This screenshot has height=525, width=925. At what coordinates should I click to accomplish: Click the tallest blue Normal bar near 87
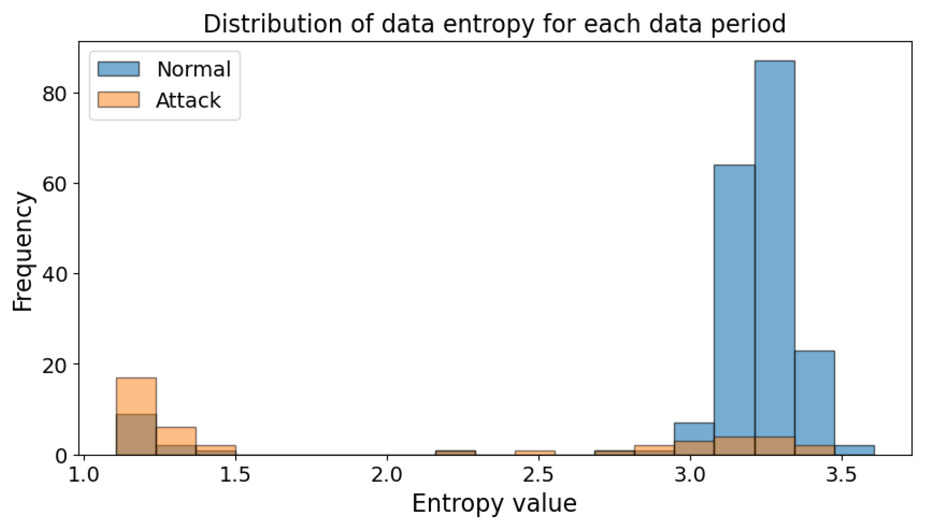(774, 241)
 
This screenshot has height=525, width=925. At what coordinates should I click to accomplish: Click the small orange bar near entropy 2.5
(535, 453)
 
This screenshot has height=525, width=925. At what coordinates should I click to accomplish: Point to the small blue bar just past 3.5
(854, 450)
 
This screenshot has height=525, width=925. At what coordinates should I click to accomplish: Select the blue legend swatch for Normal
(118, 69)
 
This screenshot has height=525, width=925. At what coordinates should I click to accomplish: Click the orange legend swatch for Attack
(118, 100)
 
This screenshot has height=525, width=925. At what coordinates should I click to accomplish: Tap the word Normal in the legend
(194, 69)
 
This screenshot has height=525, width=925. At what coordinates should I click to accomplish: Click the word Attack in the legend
(188, 100)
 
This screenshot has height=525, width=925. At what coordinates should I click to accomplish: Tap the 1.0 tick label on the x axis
(84, 475)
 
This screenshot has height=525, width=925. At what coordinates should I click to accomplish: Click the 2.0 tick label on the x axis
(387, 475)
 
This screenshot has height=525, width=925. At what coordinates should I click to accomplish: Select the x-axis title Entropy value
(494, 503)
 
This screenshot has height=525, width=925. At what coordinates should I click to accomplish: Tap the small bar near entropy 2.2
(455, 453)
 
